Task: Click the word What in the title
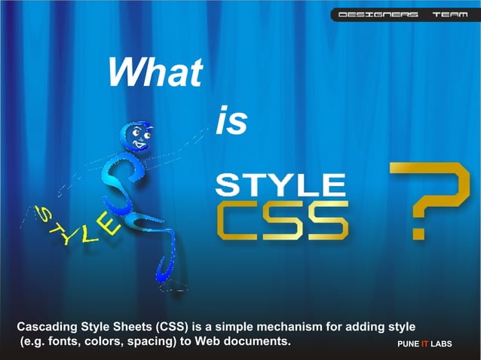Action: tap(155, 73)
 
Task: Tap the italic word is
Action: tap(231, 122)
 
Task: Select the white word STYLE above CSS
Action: tap(280, 185)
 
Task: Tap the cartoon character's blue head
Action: tap(139, 139)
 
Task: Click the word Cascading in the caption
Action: tap(49, 328)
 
